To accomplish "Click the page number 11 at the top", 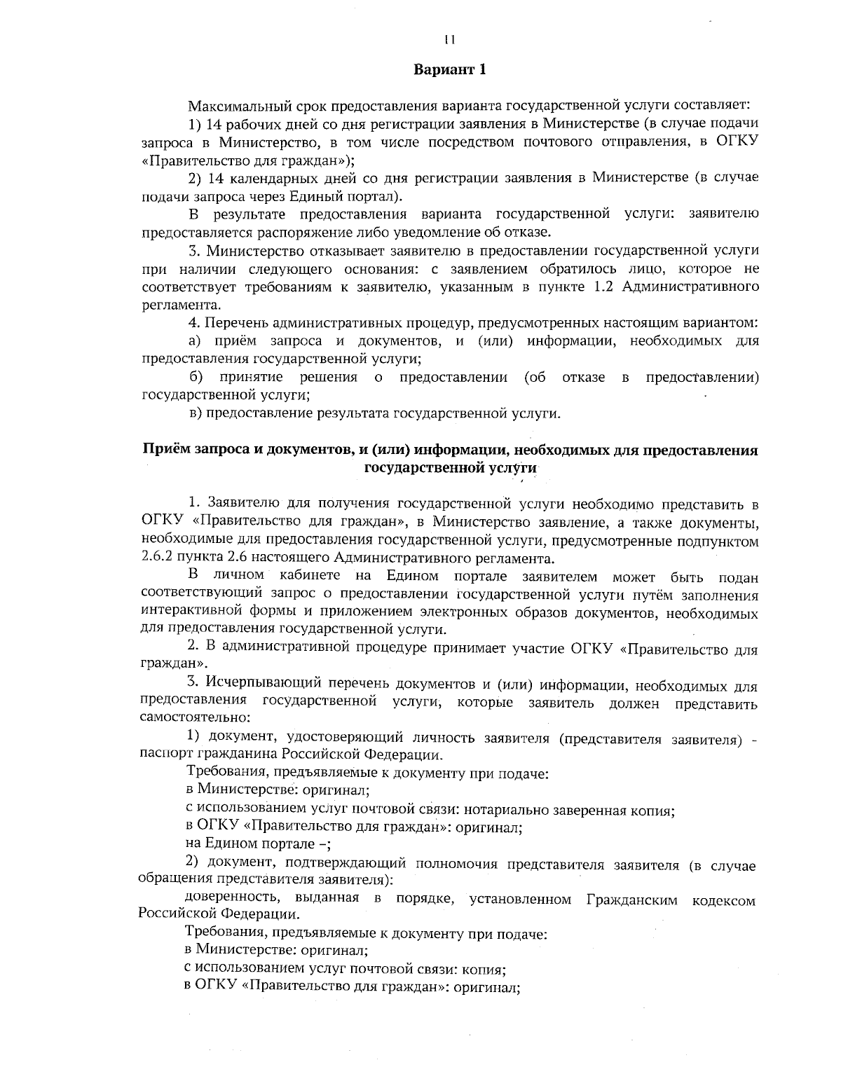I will coord(449,39).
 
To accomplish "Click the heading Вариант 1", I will coord(449,70).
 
